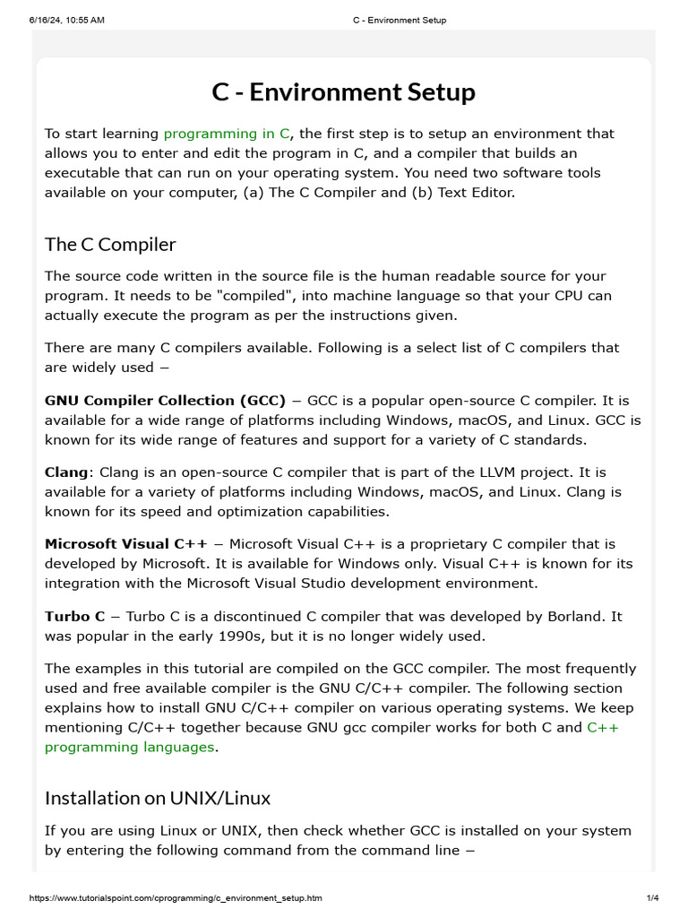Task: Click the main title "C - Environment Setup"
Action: (343, 92)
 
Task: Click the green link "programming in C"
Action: (227, 134)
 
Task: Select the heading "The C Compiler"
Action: (110, 244)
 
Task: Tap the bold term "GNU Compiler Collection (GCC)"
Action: (165, 400)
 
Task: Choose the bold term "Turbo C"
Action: (74, 617)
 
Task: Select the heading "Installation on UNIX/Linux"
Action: (158, 797)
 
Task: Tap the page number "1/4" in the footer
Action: (652, 898)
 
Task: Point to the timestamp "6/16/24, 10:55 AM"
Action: (67, 20)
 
